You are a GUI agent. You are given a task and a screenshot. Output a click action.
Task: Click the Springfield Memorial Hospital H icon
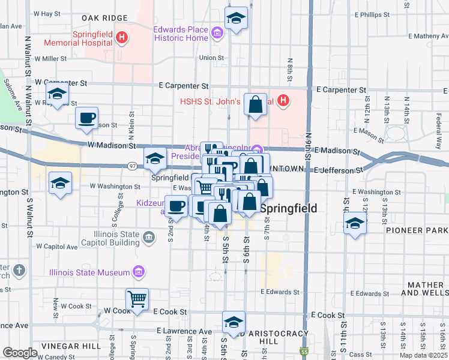(x=122, y=38)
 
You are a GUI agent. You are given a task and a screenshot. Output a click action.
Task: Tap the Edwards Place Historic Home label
(x=181, y=34)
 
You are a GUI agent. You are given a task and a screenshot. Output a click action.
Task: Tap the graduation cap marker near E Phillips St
(x=237, y=19)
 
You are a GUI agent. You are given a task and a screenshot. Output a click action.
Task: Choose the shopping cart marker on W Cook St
(x=137, y=298)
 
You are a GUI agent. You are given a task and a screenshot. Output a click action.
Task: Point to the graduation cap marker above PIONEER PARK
(x=355, y=225)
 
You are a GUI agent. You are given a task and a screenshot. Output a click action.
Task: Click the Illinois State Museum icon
(x=139, y=272)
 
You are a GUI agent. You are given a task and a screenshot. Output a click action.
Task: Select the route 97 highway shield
(x=133, y=166)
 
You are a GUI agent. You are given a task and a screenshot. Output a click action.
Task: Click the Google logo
(x=20, y=352)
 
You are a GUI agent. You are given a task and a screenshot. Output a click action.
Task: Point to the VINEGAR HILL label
(x=71, y=346)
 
